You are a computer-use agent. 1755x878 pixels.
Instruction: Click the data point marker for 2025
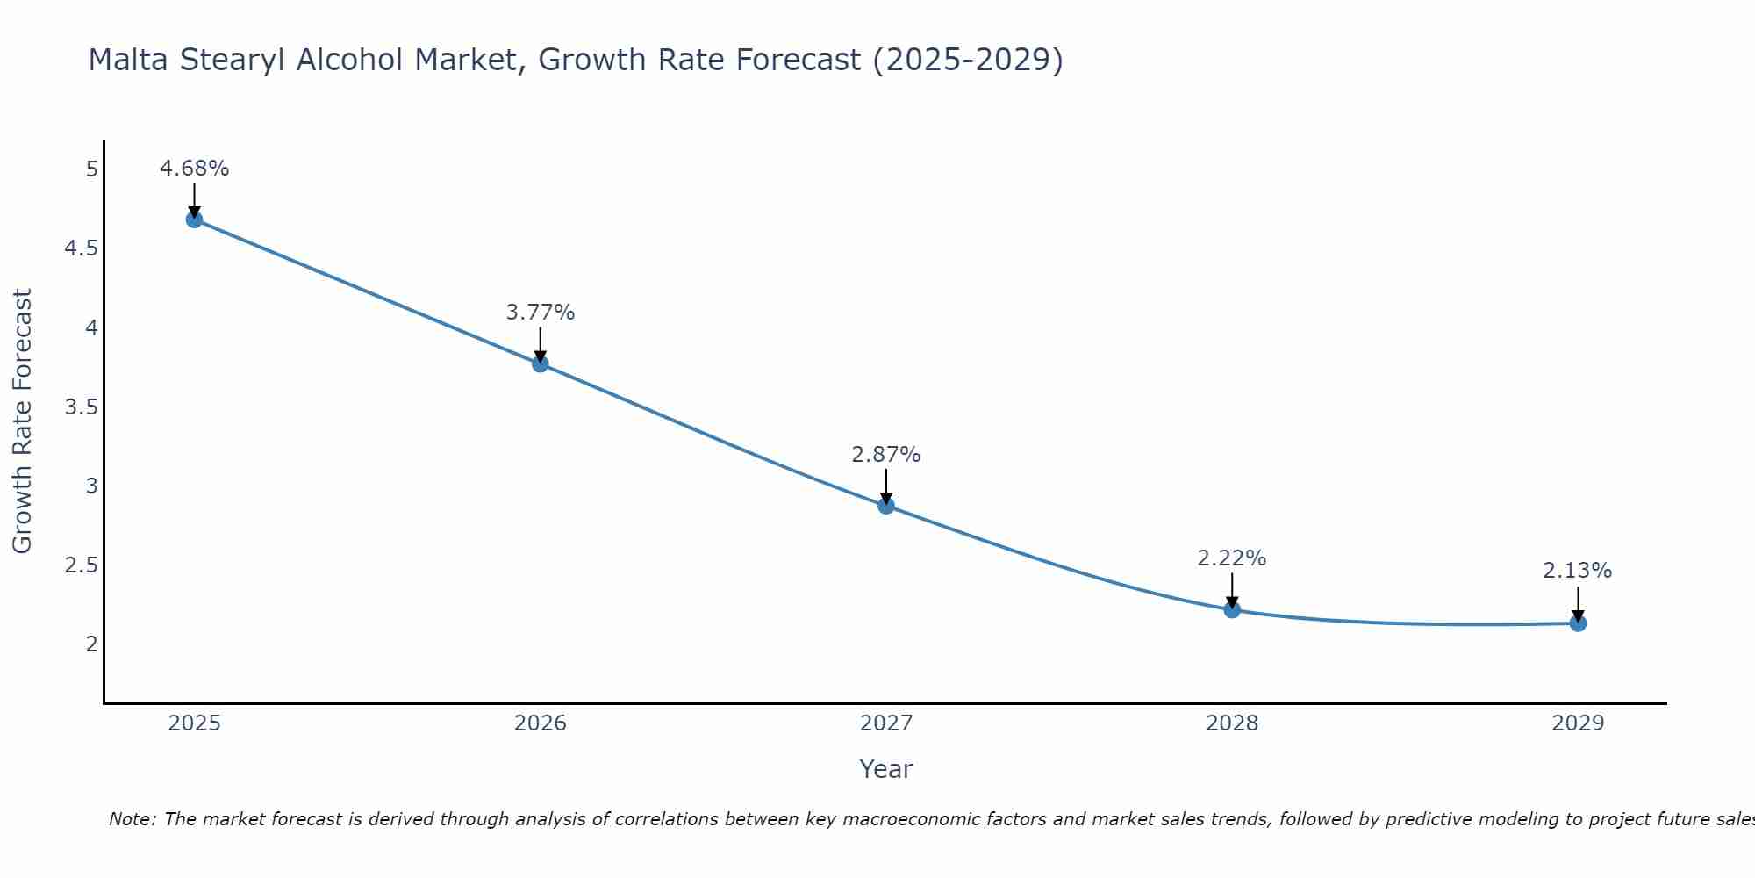pyautogui.click(x=194, y=219)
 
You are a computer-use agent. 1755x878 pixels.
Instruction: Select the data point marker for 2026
pyautogui.click(x=541, y=363)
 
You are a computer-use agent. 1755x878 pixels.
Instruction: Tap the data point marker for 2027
pyautogui.click(x=886, y=506)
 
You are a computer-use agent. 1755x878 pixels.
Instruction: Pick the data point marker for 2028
pyautogui.click(x=1232, y=609)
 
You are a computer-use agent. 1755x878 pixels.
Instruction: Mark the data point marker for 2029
pyautogui.click(x=1578, y=623)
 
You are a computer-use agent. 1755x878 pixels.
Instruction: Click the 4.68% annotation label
pyautogui.click(x=194, y=169)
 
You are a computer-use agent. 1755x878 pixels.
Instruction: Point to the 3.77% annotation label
pyautogui.click(x=541, y=313)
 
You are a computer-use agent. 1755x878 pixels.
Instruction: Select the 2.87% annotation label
pyautogui.click(x=886, y=455)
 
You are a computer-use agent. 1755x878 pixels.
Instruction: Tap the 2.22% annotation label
pyautogui.click(x=1232, y=558)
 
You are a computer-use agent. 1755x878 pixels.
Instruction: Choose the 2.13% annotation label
pyautogui.click(x=1578, y=571)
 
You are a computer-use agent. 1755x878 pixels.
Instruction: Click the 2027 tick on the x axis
pyautogui.click(x=886, y=723)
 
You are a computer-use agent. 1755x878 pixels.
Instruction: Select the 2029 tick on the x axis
pyautogui.click(x=1578, y=723)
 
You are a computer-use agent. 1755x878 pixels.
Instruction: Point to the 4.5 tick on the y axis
pyautogui.click(x=81, y=248)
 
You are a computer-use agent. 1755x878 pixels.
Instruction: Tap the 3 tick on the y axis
pyautogui.click(x=92, y=486)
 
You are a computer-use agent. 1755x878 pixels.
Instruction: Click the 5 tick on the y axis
pyautogui.click(x=92, y=169)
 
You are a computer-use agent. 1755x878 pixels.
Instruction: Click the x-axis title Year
pyautogui.click(x=886, y=769)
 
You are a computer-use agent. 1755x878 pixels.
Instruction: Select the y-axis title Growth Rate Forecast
pyautogui.click(x=22, y=421)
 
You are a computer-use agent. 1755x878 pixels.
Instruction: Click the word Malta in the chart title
pyautogui.click(x=130, y=60)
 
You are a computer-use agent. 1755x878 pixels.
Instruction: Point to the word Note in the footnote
pyautogui.click(x=131, y=819)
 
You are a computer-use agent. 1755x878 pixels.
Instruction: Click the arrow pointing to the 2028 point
pyautogui.click(x=1232, y=590)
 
